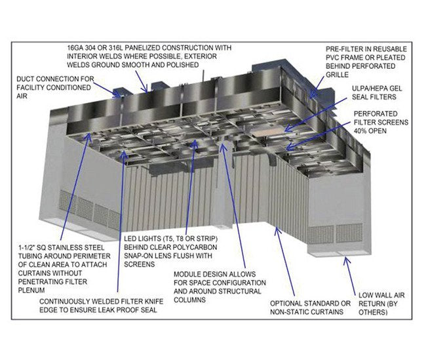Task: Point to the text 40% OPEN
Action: (370, 131)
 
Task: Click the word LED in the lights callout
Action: (130, 239)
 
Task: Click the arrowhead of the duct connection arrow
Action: (119, 95)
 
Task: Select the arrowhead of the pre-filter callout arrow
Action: (312, 96)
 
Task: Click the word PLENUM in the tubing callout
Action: (31, 290)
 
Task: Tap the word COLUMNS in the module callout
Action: (189, 300)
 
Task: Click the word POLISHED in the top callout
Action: (183, 66)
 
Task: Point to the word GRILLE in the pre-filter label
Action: (337, 75)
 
